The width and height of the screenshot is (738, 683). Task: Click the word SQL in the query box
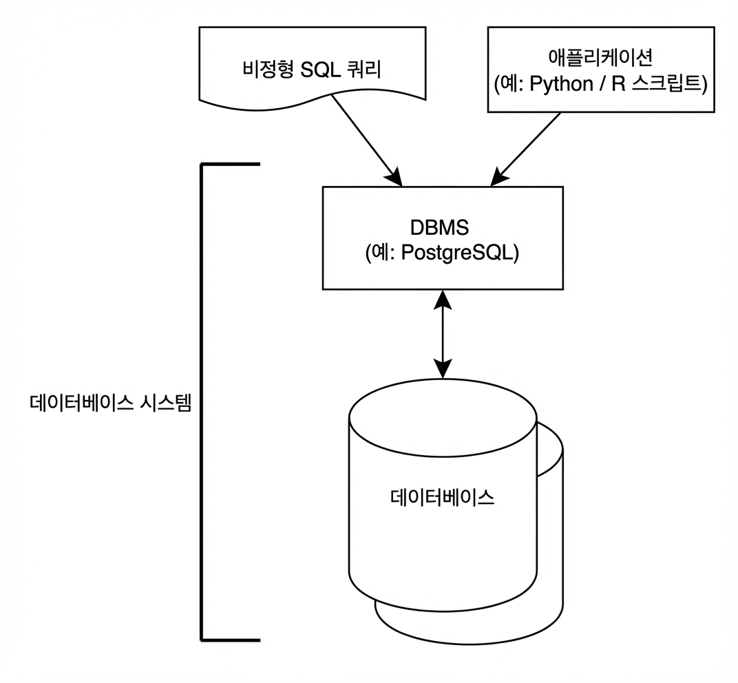coord(320,70)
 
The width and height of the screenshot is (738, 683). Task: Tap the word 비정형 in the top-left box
coord(268,69)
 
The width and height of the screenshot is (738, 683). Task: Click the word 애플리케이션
coord(600,56)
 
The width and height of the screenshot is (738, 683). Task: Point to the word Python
coord(561,84)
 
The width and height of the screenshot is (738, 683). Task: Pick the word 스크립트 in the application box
coord(666,83)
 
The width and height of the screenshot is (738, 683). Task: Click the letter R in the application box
coord(618,84)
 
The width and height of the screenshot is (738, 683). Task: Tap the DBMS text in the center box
coord(440,227)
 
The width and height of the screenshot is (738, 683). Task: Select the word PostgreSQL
coord(456,253)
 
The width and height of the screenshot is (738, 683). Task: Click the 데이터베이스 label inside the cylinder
coord(443,498)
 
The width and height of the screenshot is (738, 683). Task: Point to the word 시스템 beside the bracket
coord(165,403)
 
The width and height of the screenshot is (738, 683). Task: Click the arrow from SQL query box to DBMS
coord(367,140)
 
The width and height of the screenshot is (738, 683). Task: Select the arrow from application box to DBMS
coord(525,149)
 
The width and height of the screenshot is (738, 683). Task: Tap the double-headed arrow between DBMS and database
coord(443,334)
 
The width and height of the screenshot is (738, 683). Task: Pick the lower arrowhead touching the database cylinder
coord(443,369)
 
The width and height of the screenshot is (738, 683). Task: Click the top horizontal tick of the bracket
coord(231,165)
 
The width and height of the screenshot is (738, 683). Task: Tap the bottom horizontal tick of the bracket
coord(231,640)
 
